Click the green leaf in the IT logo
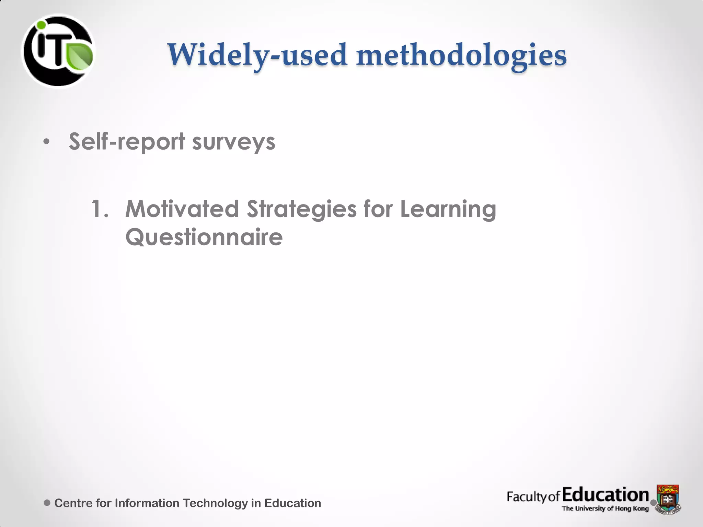[79, 56]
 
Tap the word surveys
[233, 142]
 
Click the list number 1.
[100, 209]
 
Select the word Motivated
[182, 209]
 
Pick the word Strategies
[302, 209]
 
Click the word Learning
[448, 209]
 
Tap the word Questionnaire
[204, 237]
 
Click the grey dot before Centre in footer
[47, 503]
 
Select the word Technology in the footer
[215, 503]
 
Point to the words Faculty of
[533, 497]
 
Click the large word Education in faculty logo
[606, 495]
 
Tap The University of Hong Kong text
[605, 508]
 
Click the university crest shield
[668, 498]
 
